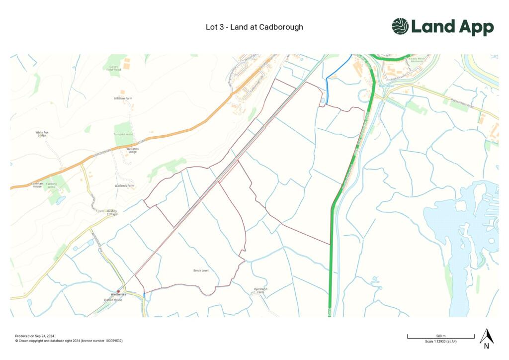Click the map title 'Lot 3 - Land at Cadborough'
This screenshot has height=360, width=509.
pos(254,27)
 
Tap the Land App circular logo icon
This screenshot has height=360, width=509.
pos(400,26)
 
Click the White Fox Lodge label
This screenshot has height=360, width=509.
pos(42,134)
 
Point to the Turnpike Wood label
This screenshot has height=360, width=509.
pos(123,135)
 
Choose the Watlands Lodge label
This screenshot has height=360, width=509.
pos(132,150)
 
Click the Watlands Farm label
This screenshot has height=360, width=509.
pos(125,186)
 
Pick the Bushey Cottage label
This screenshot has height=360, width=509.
pos(112,212)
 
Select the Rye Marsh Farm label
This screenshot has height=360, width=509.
pos(260,290)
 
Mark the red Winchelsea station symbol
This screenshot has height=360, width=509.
pos(118,291)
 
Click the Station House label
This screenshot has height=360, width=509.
pos(113,300)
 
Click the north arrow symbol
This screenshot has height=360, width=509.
pos(486,338)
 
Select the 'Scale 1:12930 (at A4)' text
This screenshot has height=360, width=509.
pos(441,341)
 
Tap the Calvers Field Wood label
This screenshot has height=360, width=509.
pos(114,68)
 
